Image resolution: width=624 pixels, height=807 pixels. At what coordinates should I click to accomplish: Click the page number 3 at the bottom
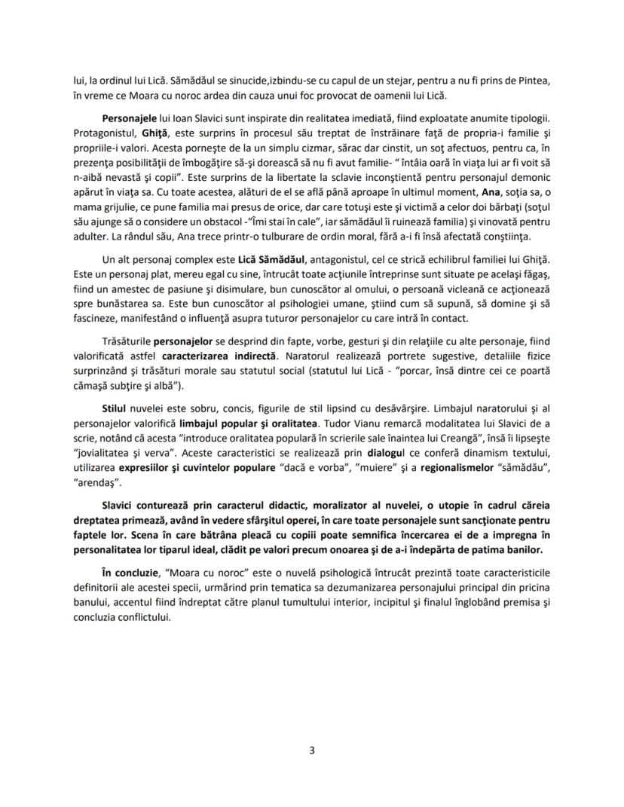click(312, 750)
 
